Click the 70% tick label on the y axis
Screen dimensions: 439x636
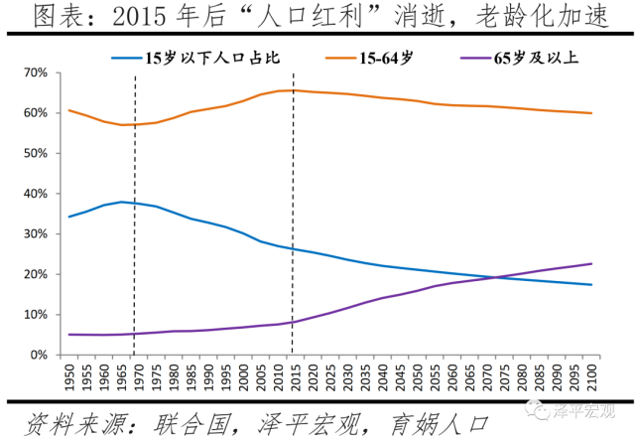[x=33, y=73]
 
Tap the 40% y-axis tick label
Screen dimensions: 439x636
[x=33, y=194]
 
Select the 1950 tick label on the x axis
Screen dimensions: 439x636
[x=69, y=375]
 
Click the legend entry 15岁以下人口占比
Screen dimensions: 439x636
[x=193, y=57]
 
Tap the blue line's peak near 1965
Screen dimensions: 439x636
[x=121, y=202]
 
